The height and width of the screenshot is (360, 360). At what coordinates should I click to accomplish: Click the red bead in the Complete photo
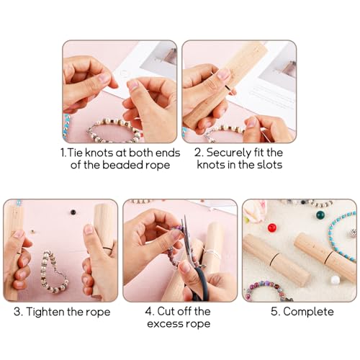coord(272,228)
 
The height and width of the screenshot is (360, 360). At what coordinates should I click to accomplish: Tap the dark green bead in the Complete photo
coord(320,215)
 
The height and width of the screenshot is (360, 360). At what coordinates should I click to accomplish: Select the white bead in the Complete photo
coord(336,280)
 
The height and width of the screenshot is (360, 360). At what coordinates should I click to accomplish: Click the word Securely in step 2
coord(228,153)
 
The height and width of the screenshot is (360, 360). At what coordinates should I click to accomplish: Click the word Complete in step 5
coord(308,312)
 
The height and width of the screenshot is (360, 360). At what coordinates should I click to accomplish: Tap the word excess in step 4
coord(165,324)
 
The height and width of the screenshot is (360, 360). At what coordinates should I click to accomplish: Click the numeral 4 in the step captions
coord(149,312)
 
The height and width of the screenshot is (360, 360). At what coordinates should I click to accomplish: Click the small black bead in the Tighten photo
coord(73,212)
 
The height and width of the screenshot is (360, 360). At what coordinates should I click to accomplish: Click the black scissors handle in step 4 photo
coord(199,283)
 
